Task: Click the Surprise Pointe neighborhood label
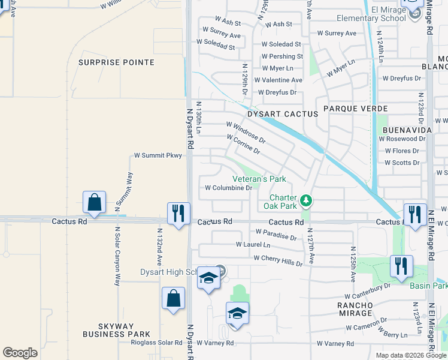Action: tap(117, 62)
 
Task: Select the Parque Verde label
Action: tap(356, 109)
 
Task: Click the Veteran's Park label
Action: tap(259, 179)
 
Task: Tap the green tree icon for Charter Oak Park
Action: tap(306, 200)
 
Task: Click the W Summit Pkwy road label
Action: tap(158, 155)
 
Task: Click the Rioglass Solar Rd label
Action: tap(156, 343)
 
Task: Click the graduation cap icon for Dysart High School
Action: tap(208, 278)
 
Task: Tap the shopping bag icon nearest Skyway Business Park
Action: tap(173, 298)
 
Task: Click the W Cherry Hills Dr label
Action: tap(278, 259)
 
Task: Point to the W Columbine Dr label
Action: tap(228, 188)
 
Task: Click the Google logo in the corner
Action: tap(20, 353)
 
